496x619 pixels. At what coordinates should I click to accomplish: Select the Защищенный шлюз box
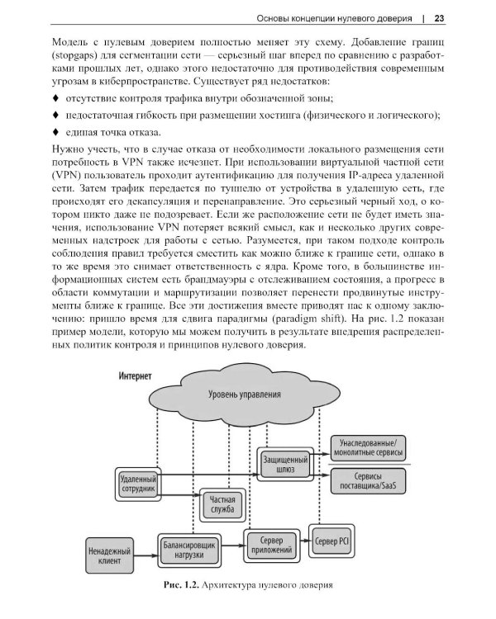[285, 464]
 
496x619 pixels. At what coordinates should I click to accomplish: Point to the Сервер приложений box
[269, 545]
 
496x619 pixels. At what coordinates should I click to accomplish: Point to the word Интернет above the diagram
[135, 376]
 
